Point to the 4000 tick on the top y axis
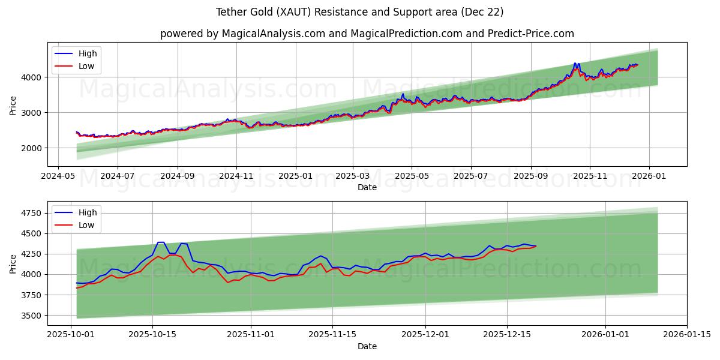(32, 77)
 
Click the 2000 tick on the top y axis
(32, 148)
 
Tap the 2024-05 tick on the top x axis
(58, 176)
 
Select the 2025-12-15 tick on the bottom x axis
(507, 335)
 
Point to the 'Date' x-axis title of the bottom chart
(367, 346)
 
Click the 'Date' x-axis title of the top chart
(367, 187)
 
